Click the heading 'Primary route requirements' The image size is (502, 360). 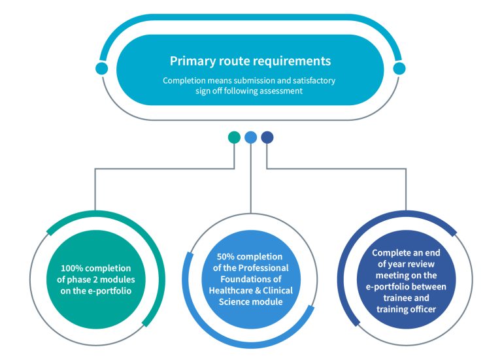coord(250,61)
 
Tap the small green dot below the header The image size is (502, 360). coord(234,137)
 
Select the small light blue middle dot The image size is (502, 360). coord(251,137)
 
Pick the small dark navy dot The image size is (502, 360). coord(267,137)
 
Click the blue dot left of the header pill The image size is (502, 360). coord(101,69)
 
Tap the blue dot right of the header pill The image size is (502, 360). coord(399,69)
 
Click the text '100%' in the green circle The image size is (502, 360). coord(72,268)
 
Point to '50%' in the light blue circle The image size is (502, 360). coord(226,257)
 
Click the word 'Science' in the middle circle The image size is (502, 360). coord(233,302)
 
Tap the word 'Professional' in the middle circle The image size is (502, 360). coord(263,268)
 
